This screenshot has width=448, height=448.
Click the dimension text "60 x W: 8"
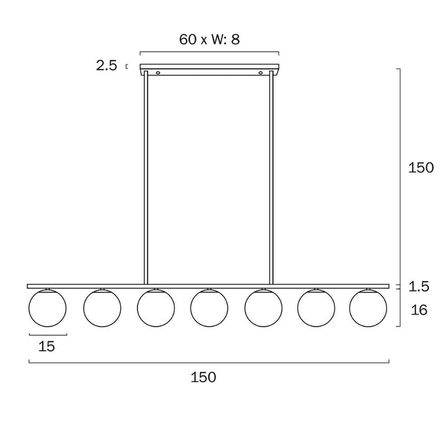point(209,39)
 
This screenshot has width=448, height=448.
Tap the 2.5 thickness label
point(106,66)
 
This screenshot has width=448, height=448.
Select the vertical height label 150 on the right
point(421,167)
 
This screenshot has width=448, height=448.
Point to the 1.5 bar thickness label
point(419,286)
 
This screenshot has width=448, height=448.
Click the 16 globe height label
point(419,310)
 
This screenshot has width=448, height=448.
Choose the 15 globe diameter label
point(46,347)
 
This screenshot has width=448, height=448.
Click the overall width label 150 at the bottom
point(203,377)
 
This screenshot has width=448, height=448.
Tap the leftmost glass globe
point(47,308)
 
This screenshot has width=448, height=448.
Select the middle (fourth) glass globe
point(209,308)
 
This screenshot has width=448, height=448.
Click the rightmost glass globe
point(368,308)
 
